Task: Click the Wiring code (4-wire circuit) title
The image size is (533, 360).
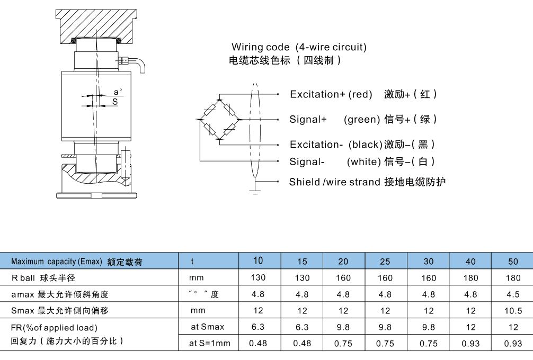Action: [x=299, y=47]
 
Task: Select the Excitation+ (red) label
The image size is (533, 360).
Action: [x=332, y=94]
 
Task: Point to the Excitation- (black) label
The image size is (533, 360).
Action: [x=336, y=144]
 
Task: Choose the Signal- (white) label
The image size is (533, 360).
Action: [x=335, y=161]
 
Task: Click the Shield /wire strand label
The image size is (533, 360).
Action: [x=334, y=182]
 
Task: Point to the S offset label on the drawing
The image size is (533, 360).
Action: [x=116, y=102]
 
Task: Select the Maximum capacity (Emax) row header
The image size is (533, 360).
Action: [x=77, y=262]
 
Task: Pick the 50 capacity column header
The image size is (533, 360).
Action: [x=513, y=262]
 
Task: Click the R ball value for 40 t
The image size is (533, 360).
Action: [x=470, y=278]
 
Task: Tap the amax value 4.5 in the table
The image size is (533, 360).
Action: [x=513, y=294]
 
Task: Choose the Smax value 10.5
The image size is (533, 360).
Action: [x=513, y=311]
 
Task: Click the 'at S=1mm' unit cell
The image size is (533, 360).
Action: [x=210, y=343]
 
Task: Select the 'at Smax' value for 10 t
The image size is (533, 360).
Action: [x=258, y=327]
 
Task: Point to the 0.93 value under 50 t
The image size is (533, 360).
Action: [x=513, y=343]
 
